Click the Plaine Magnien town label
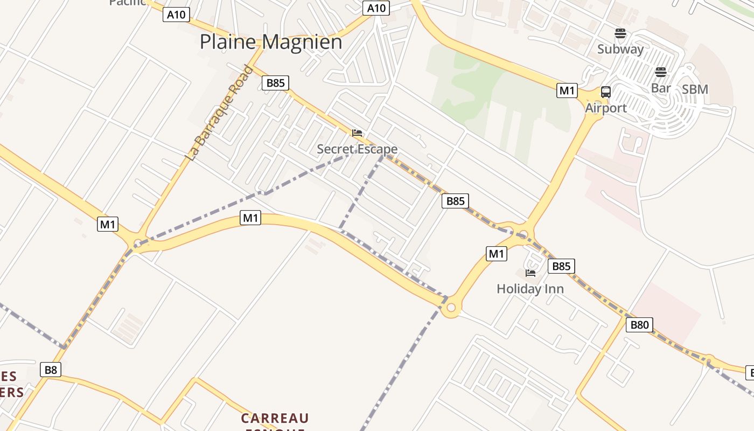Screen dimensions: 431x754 pyautogui.click(x=271, y=42)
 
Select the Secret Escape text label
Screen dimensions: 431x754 pyautogui.click(x=357, y=149)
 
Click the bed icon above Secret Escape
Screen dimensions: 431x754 pyautogui.click(x=357, y=133)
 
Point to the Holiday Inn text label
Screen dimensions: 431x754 pyautogui.click(x=530, y=289)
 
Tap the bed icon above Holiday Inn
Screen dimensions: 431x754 pyautogui.click(x=530, y=273)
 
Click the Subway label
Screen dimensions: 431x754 pyautogui.click(x=620, y=49)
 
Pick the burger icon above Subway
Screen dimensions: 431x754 pyautogui.click(x=620, y=33)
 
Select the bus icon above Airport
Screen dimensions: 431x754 pyautogui.click(x=606, y=92)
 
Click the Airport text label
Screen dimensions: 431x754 pyautogui.click(x=606, y=108)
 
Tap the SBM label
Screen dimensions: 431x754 pyautogui.click(x=695, y=89)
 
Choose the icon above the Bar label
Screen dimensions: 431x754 pyautogui.click(x=661, y=72)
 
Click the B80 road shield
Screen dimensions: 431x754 pyautogui.click(x=639, y=325)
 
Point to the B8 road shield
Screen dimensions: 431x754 pyautogui.click(x=51, y=370)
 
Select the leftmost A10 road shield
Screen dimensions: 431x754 pyautogui.click(x=176, y=15)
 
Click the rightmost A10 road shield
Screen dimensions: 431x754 pyautogui.click(x=376, y=8)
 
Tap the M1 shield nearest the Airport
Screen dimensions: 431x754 pyautogui.click(x=567, y=91)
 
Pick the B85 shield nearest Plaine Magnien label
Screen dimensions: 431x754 pyautogui.click(x=275, y=83)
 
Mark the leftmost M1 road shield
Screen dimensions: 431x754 pyautogui.click(x=108, y=224)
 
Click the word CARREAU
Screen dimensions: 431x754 pyautogui.click(x=275, y=419)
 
